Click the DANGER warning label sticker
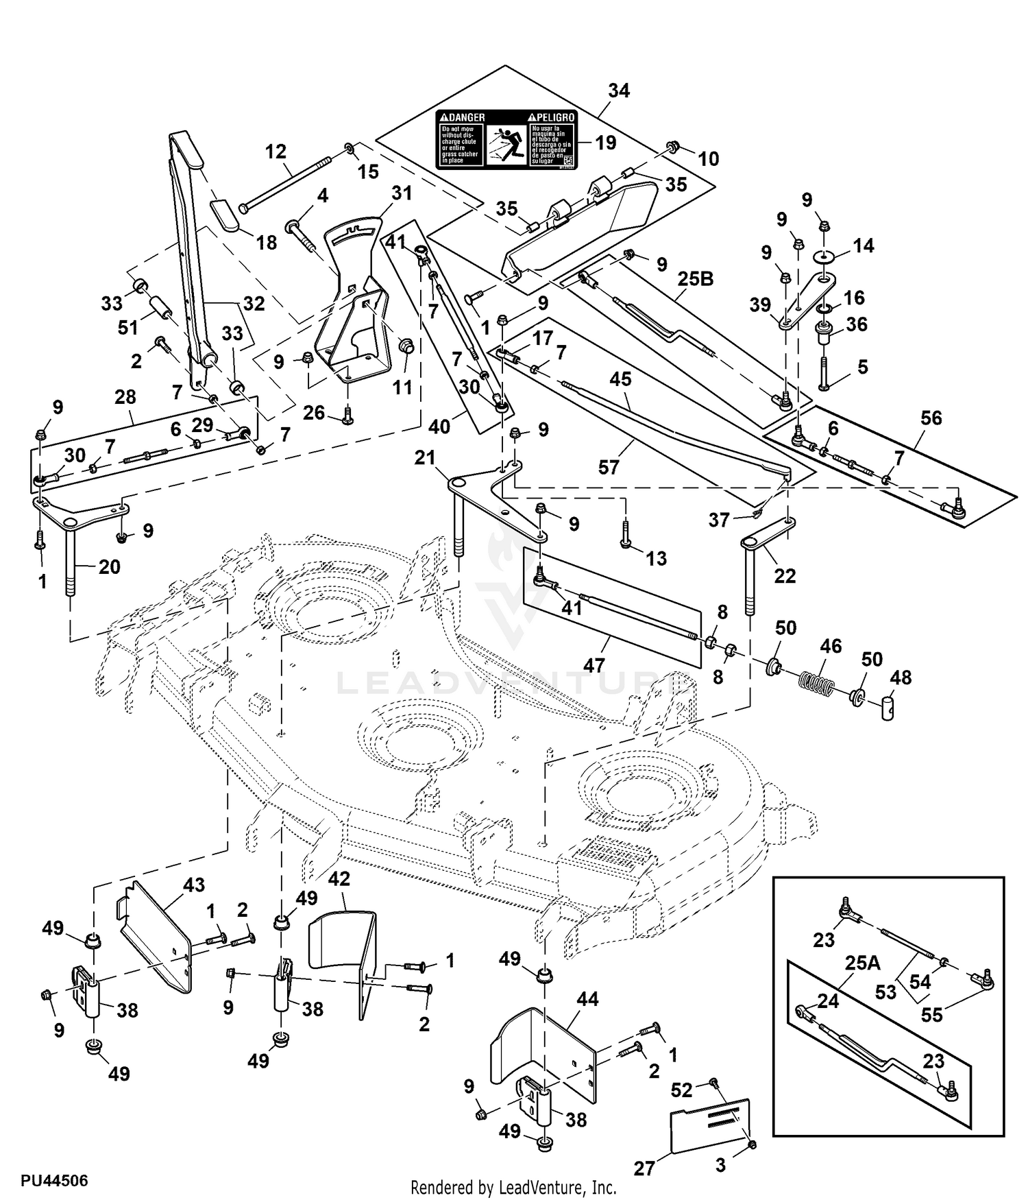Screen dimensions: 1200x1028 (506, 141)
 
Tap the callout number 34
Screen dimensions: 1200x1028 (619, 91)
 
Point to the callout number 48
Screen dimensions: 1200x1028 (901, 677)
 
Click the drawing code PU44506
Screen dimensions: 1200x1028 (54, 1181)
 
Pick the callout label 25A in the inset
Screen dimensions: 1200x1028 (862, 963)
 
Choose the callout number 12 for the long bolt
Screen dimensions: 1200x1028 (276, 152)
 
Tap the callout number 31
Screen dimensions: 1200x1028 (402, 193)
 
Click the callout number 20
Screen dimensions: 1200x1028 (110, 567)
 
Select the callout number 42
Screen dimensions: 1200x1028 (339, 879)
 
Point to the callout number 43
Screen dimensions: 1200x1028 (194, 885)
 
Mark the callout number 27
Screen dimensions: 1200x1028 (644, 1168)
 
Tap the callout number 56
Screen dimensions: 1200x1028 (931, 418)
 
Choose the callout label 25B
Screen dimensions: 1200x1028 (696, 279)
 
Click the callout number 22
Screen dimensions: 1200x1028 (785, 575)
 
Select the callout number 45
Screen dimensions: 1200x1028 (620, 379)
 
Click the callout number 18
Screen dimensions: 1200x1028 (266, 242)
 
